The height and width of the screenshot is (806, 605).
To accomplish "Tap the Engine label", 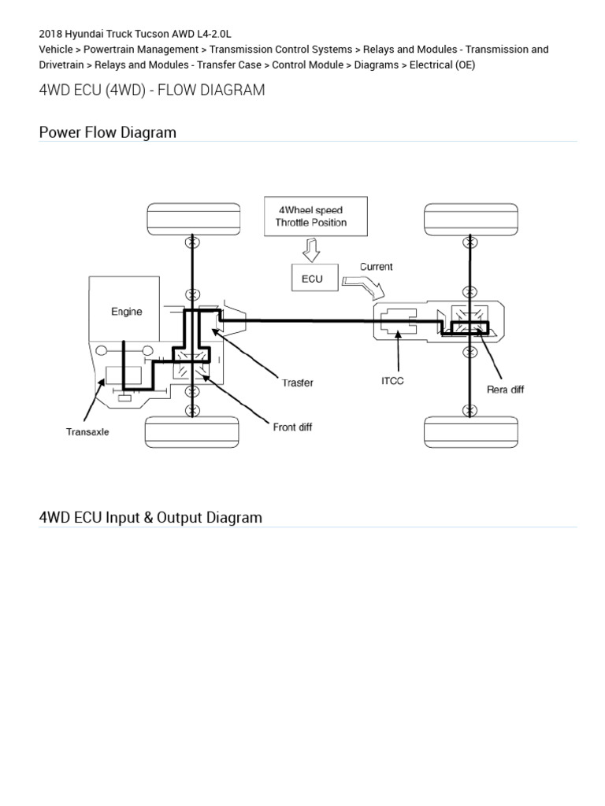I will (127, 312).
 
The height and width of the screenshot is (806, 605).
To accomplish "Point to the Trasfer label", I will (298, 383).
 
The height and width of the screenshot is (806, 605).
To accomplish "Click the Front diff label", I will (292, 427).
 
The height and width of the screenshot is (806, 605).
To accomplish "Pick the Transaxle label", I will (87, 431).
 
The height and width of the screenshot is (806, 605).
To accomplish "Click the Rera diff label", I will (505, 390).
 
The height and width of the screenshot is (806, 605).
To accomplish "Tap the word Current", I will (376, 267).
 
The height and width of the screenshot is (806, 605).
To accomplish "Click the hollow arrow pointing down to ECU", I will (310, 251).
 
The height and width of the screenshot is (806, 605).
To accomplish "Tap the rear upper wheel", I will (470, 218).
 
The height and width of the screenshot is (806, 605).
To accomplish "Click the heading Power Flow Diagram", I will (108, 132).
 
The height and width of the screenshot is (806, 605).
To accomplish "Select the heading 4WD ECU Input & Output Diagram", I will (150, 517).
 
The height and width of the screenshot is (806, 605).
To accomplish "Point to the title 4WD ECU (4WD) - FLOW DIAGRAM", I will (152, 90).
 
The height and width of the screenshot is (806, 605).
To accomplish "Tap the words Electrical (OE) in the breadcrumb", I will (442, 65).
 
